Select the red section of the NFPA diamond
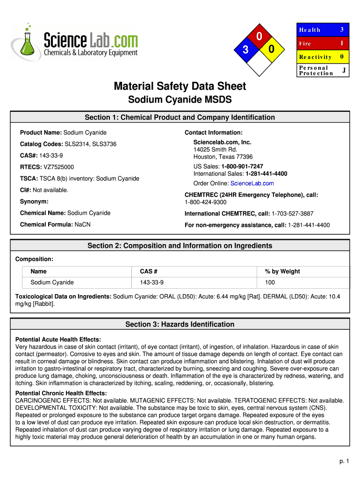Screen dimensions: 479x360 259,36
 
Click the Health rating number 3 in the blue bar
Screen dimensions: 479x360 342,29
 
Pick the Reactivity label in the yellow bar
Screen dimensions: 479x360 315,57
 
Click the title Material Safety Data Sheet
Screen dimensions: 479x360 180,86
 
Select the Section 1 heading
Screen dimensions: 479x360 180,117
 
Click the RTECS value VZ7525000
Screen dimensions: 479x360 58,167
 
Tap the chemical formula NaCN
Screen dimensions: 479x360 82,225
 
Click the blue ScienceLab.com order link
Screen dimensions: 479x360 252,183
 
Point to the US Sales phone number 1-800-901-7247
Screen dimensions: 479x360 242,167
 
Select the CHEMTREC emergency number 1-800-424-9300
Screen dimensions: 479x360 206,202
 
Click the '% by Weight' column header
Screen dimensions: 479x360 282,271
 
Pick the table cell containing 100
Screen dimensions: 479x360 270,283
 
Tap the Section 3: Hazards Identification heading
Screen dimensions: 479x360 180,325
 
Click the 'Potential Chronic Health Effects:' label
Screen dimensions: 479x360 61,393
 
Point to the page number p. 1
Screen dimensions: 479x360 344,461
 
